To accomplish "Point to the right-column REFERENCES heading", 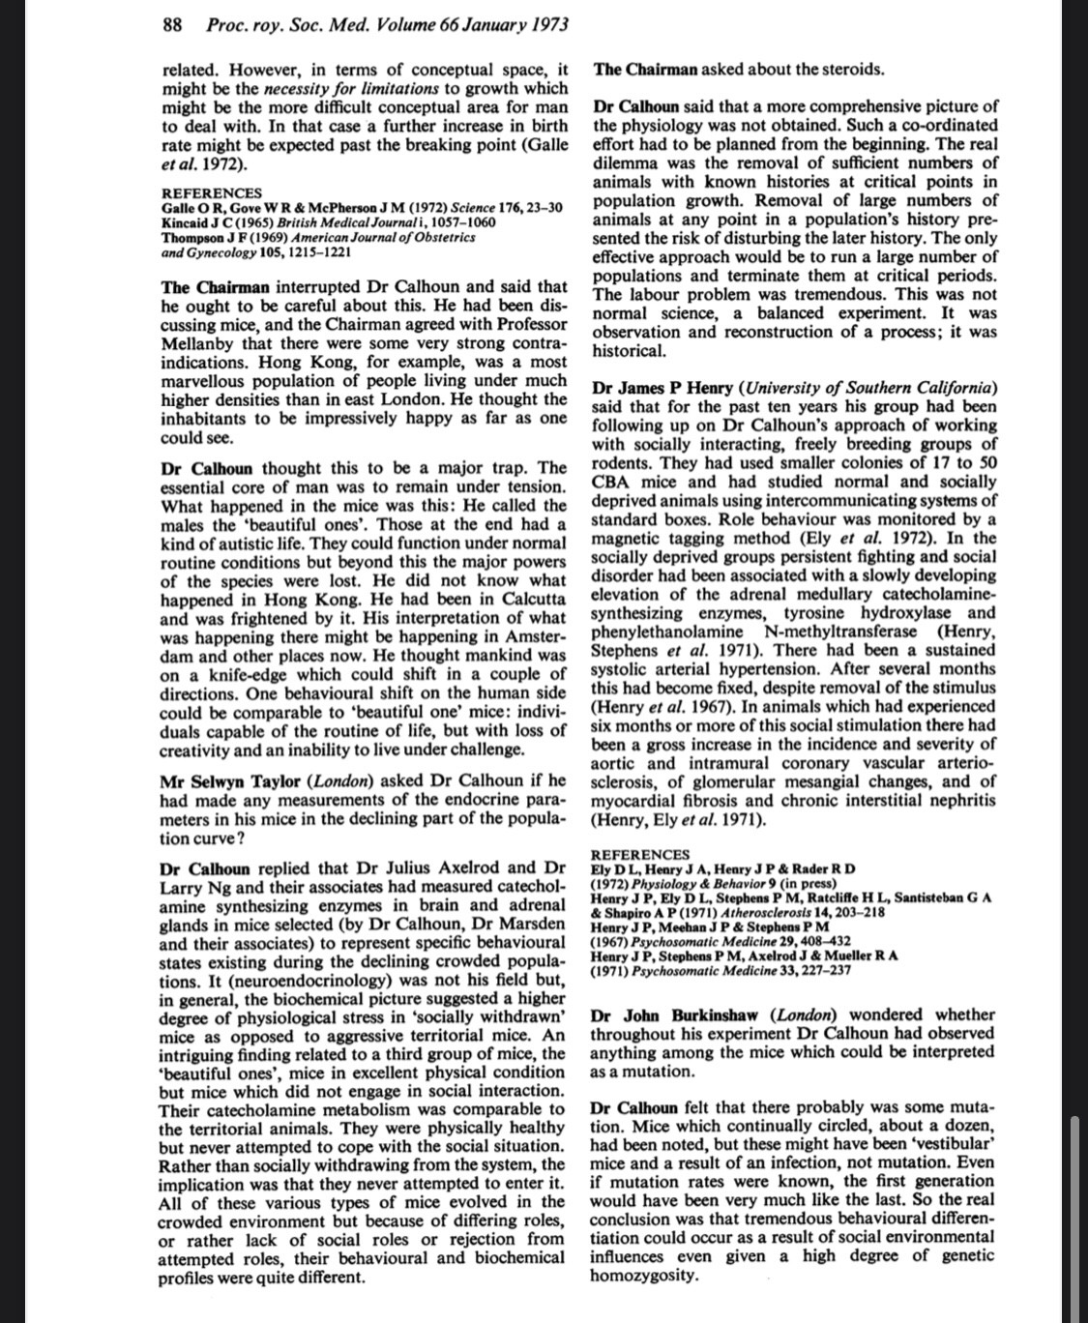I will click(639, 855).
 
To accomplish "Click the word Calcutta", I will click(531, 600).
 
